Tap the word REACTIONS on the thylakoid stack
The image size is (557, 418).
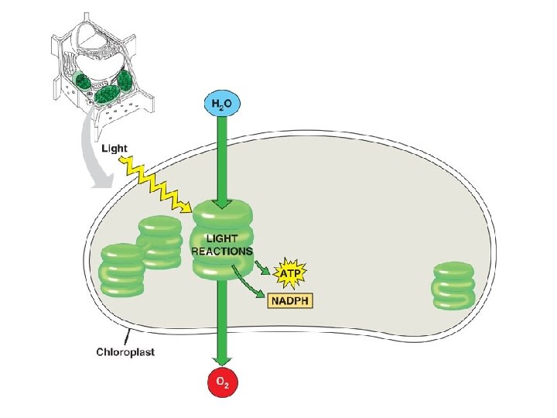pos(223,251)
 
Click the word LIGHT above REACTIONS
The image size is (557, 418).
pos(222,239)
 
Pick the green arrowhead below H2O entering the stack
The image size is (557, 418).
pos(222,204)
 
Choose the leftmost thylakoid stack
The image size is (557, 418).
pos(121,269)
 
